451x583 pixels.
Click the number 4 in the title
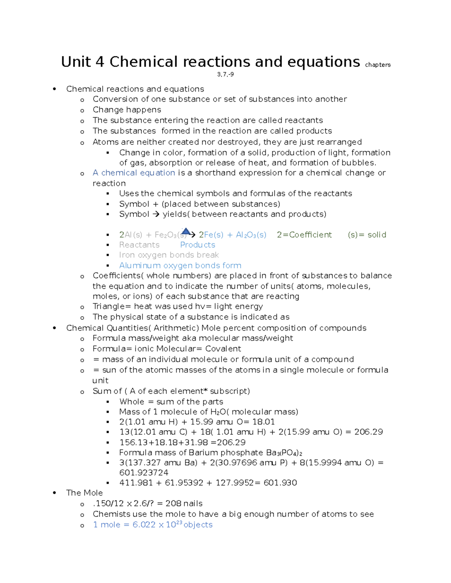100,62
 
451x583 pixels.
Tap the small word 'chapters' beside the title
378,65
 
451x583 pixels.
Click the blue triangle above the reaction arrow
186,231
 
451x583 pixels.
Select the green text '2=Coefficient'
304,235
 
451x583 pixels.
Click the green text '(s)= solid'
367,235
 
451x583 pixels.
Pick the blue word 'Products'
197,245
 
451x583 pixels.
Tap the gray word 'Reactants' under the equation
139,245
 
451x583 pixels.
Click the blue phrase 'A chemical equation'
134,173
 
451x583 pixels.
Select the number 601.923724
144,473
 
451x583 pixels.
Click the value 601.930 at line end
280,483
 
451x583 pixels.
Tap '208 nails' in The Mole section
184,503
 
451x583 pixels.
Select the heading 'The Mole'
84,493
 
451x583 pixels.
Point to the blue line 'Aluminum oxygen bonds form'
180,265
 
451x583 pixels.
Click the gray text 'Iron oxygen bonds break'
169,255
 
